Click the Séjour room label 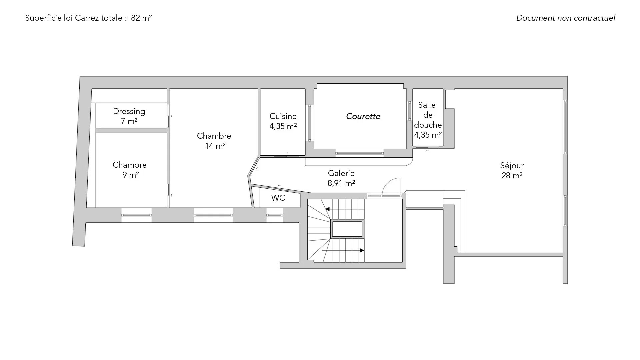click(x=512, y=166)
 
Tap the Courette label click(x=363, y=116)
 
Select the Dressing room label click(x=129, y=112)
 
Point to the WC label click(x=278, y=198)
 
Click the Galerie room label click(x=341, y=173)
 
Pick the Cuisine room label click(x=283, y=116)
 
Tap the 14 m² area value click(x=215, y=146)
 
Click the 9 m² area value click(x=130, y=175)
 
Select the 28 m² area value click(x=512, y=176)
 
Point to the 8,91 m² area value click(x=341, y=183)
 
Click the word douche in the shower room click(x=428, y=125)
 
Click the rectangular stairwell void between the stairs click(x=347, y=229)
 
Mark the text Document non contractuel click(x=566, y=18)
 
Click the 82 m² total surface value click(x=141, y=18)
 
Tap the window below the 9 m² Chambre click(x=136, y=215)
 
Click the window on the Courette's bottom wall click(x=359, y=153)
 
